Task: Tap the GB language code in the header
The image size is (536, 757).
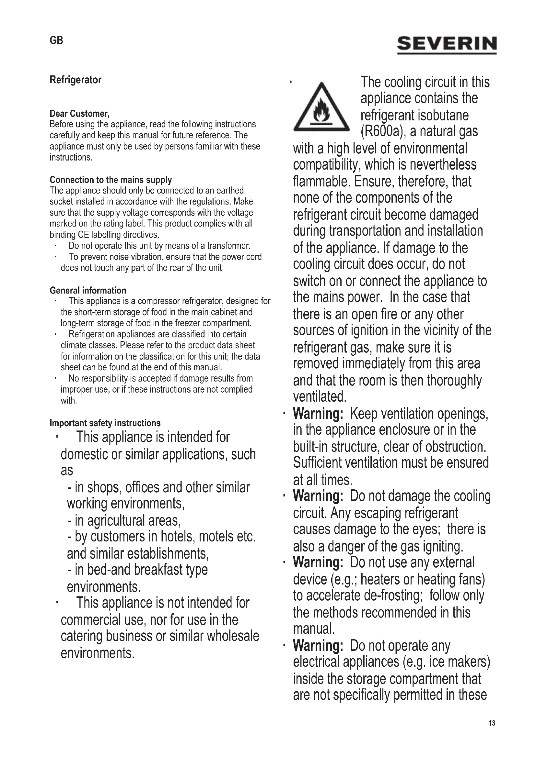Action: (56, 40)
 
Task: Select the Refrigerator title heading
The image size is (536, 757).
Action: (76, 80)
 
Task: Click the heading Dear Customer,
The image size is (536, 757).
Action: (79, 114)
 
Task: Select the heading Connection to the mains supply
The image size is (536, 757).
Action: (111, 180)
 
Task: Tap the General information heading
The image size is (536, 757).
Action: (88, 290)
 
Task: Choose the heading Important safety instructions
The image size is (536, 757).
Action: (105, 423)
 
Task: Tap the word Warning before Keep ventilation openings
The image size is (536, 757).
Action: (318, 414)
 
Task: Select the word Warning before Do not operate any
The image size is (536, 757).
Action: (318, 646)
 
